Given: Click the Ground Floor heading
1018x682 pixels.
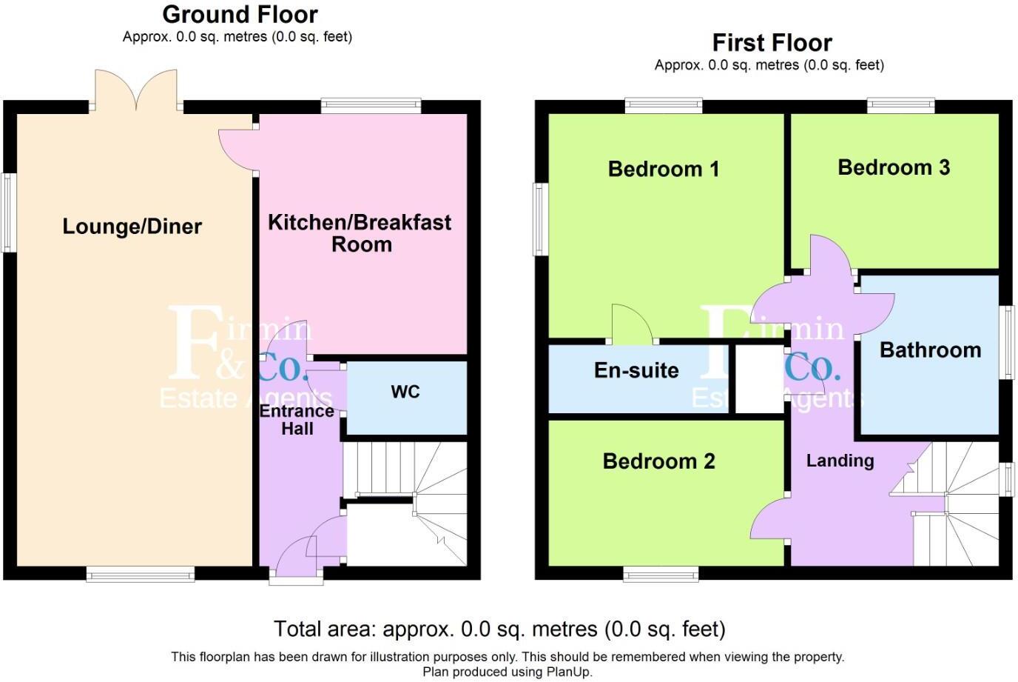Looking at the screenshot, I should [240, 14].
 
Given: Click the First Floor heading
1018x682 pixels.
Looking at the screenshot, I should [772, 42].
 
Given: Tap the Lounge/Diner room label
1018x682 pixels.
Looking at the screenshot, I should [132, 227].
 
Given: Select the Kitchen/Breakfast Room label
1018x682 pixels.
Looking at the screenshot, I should [360, 233].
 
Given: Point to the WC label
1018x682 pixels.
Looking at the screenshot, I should [405, 392].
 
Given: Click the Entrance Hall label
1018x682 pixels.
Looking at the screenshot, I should [297, 420].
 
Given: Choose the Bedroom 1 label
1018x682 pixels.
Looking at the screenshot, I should [663, 169].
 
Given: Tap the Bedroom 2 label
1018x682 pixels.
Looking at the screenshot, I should [658, 461].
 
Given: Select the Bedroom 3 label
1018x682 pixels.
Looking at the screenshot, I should [893, 167].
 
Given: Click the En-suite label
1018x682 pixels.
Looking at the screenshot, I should [636, 370].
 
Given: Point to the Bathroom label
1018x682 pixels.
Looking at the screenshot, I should [930, 350].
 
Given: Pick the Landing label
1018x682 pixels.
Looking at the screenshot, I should [840, 461].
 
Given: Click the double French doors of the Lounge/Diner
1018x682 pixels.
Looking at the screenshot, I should [135, 90].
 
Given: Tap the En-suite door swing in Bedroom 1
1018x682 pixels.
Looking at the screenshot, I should [631, 326].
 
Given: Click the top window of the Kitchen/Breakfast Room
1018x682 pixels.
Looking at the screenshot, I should [371, 106].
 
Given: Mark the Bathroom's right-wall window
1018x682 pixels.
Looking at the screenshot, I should [1007, 343].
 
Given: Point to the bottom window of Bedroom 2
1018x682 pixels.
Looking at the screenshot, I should [661, 574].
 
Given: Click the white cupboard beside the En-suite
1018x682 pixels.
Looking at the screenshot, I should [758, 378].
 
